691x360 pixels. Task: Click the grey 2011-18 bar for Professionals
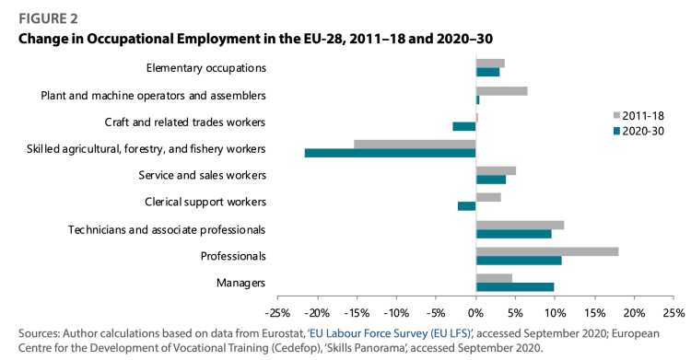[547, 251]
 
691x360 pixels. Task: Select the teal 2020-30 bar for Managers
[515, 287]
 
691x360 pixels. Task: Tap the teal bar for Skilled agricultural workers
[390, 153]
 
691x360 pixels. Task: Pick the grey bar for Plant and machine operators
[501, 91]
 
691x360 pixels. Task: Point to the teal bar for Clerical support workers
[467, 206]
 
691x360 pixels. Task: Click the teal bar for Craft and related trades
[464, 126]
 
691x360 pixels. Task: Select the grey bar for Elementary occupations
[490, 64]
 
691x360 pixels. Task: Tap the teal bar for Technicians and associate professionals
[513, 234]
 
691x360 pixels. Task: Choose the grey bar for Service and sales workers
[496, 171]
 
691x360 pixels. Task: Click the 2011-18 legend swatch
[616, 116]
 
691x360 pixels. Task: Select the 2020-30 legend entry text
[643, 132]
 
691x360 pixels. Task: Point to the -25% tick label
[277, 313]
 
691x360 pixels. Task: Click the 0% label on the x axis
[476, 313]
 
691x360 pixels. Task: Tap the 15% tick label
[595, 313]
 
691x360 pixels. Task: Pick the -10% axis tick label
[396, 313]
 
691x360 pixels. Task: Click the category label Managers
[240, 283]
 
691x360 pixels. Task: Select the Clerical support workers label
[205, 202]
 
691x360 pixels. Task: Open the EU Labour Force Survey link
[391, 333]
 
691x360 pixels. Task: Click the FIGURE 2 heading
[48, 19]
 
